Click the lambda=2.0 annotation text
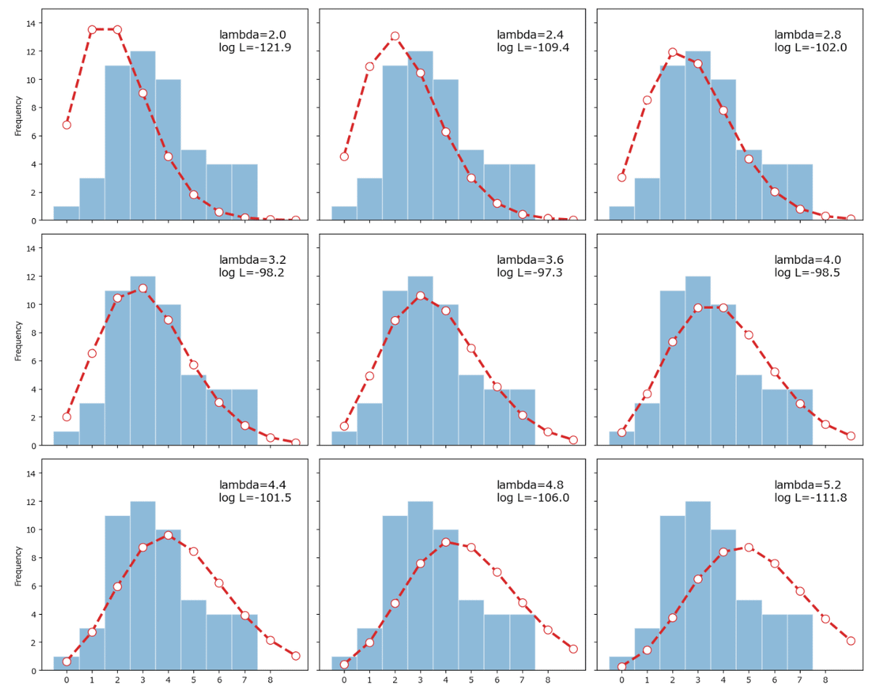[x=248, y=34]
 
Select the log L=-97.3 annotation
[x=525, y=273]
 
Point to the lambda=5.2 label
[x=803, y=484]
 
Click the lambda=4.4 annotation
[x=248, y=484]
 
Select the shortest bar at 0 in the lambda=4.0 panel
[x=622, y=438]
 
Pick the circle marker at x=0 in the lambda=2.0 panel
[x=67, y=124]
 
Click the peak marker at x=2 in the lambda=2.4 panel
[x=395, y=36]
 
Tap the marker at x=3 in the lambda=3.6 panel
[x=420, y=296]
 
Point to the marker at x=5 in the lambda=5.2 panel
[x=748, y=547]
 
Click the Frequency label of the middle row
[x=19, y=342]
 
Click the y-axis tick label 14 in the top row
[x=31, y=24]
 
